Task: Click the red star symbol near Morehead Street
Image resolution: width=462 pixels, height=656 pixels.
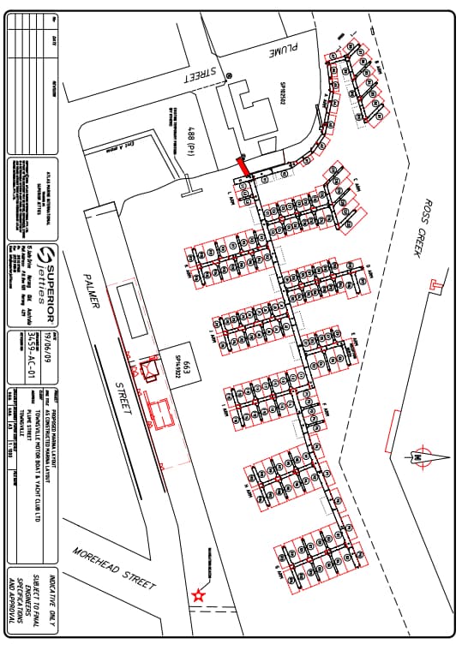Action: pos(199,594)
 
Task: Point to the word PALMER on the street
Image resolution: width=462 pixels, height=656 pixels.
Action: pos(93,292)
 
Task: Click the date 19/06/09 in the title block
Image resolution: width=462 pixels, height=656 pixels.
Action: pos(56,319)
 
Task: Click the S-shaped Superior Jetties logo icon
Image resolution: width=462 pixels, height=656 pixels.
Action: pos(50,256)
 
